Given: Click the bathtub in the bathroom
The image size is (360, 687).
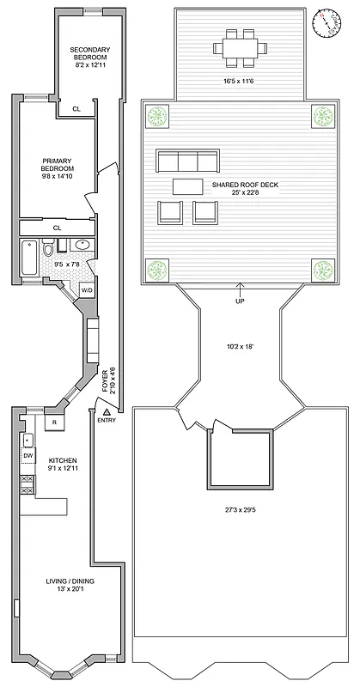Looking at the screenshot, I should pos(28,258).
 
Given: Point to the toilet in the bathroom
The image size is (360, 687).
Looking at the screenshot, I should pos(50,250).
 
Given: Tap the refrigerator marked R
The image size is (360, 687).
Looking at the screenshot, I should pos(54,423).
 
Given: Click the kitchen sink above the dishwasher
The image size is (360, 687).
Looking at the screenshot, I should pos(28,441).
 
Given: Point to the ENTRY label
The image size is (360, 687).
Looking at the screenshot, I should pos(107,419).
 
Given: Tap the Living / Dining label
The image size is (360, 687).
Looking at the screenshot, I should pos(70,586).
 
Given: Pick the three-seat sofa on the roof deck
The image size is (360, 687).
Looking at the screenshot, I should pos(186,161).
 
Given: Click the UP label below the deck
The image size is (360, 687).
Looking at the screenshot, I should pos(240,301).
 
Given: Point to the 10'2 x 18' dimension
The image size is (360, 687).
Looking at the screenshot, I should pos(241,348).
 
